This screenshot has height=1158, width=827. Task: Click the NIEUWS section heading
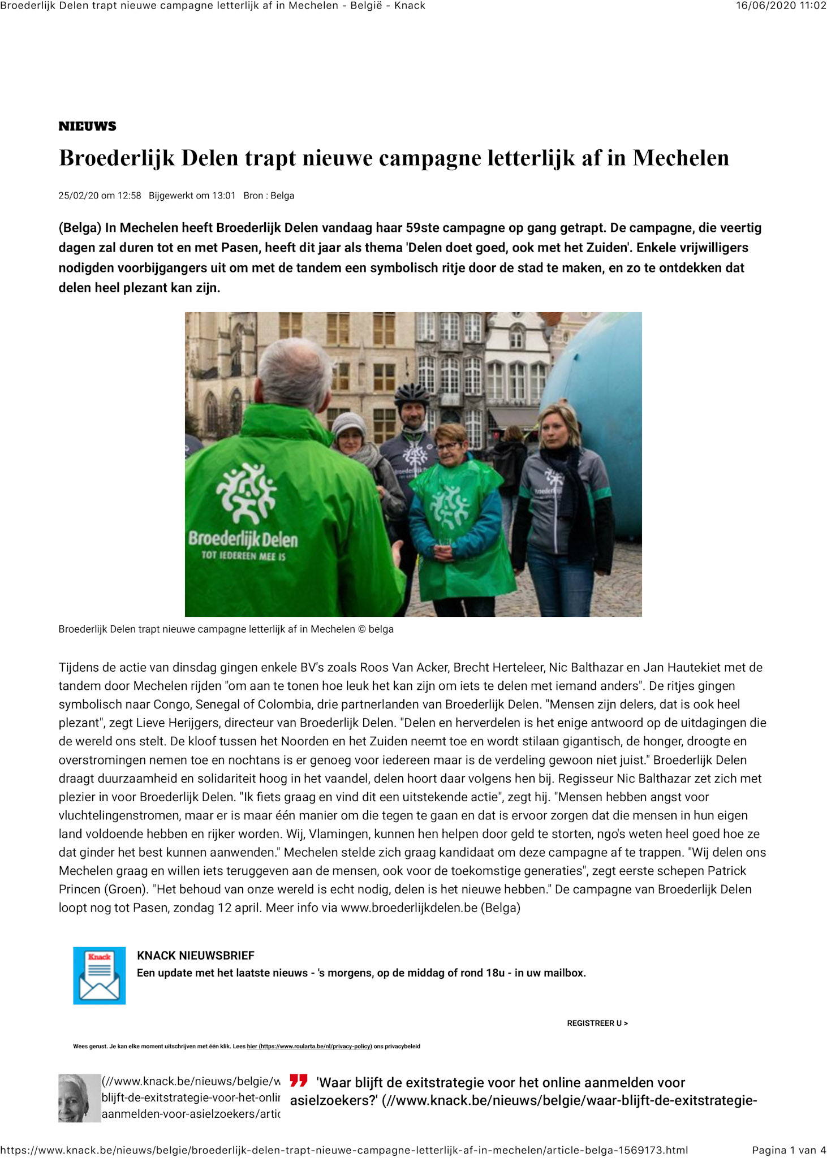coord(87,126)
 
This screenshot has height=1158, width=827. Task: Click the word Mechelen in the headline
coord(681,158)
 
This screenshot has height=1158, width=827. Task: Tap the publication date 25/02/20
coord(78,196)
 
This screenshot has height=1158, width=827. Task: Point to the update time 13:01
coord(223,196)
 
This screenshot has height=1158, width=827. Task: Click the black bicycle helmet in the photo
coord(412,393)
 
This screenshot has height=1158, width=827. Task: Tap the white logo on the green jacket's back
coord(247,493)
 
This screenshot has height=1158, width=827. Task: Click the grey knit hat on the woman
coord(348,424)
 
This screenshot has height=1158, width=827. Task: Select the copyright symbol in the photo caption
coord(362,629)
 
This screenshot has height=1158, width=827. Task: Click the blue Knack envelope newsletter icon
coord(100,975)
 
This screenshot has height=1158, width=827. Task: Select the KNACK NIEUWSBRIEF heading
coord(196,956)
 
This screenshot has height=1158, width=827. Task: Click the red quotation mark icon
coord(299,1081)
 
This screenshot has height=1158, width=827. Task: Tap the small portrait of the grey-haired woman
coord(79,1098)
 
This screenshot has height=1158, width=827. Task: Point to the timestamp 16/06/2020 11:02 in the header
coord(781,6)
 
